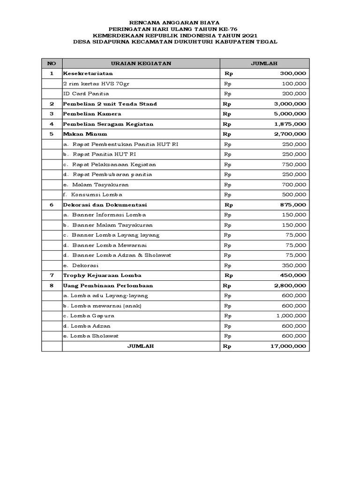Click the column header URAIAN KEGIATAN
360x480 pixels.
point(141,63)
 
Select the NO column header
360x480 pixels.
point(52,63)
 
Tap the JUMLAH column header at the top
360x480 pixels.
point(264,63)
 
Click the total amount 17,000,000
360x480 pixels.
point(288,346)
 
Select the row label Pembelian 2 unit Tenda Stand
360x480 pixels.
point(110,104)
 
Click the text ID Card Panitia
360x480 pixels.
point(86,94)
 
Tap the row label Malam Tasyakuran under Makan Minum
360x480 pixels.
point(100,185)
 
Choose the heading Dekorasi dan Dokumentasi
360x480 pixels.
point(105,205)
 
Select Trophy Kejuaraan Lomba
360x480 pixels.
point(102,275)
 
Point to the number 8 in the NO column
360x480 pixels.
point(52,285)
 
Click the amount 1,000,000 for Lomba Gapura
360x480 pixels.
point(291,316)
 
